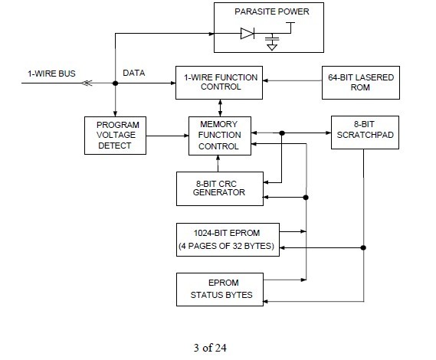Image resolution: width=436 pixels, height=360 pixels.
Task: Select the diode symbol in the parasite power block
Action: click(246, 34)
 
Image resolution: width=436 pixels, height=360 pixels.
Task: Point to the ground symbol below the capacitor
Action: click(270, 46)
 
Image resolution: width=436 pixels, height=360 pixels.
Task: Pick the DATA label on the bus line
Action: click(135, 74)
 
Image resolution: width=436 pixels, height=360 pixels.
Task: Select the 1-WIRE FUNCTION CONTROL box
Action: click(218, 83)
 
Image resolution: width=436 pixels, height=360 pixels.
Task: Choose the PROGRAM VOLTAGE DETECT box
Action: click(115, 136)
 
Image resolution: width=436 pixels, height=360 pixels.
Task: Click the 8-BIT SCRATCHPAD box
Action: click(363, 133)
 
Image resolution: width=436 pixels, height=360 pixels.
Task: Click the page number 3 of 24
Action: click(218, 346)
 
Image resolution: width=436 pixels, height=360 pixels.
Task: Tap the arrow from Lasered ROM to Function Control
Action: click(290, 83)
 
